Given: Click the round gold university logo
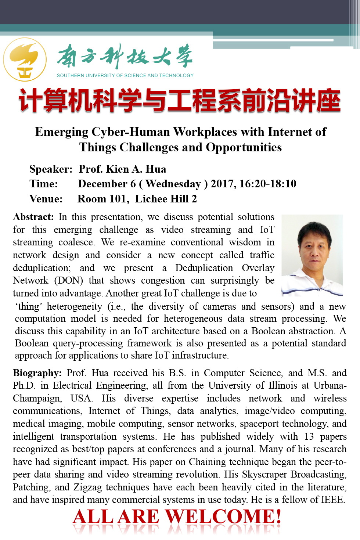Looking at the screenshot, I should (x=25, y=60).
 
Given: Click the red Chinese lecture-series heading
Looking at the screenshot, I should (x=180, y=101).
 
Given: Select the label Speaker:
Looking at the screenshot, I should (x=51, y=169).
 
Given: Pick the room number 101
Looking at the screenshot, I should (x=118, y=199).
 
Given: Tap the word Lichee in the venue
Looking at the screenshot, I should (x=151, y=199).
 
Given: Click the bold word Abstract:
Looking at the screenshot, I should (x=33, y=217).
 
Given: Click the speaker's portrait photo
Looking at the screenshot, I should (x=312, y=255).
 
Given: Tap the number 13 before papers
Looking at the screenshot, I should (x=309, y=436).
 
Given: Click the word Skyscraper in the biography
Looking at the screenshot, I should (x=264, y=474).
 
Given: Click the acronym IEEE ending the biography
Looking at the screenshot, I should (x=332, y=500).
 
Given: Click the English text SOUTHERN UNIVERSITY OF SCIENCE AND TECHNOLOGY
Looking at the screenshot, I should (x=125, y=75).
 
